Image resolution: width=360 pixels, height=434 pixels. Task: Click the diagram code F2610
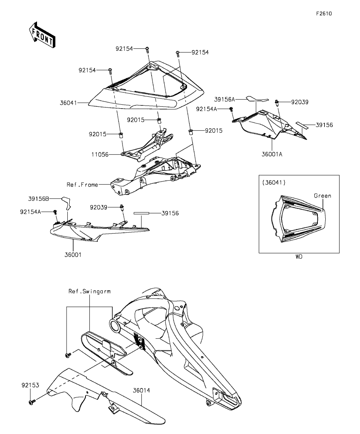[x=324, y=13]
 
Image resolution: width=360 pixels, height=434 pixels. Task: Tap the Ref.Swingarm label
[x=90, y=292]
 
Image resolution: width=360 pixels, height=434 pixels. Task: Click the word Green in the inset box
[x=322, y=196]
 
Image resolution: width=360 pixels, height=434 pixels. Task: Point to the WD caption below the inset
[x=299, y=257]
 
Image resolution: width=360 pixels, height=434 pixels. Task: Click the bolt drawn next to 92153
[x=32, y=402]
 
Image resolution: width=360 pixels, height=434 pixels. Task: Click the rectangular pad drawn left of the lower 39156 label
[x=141, y=214]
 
